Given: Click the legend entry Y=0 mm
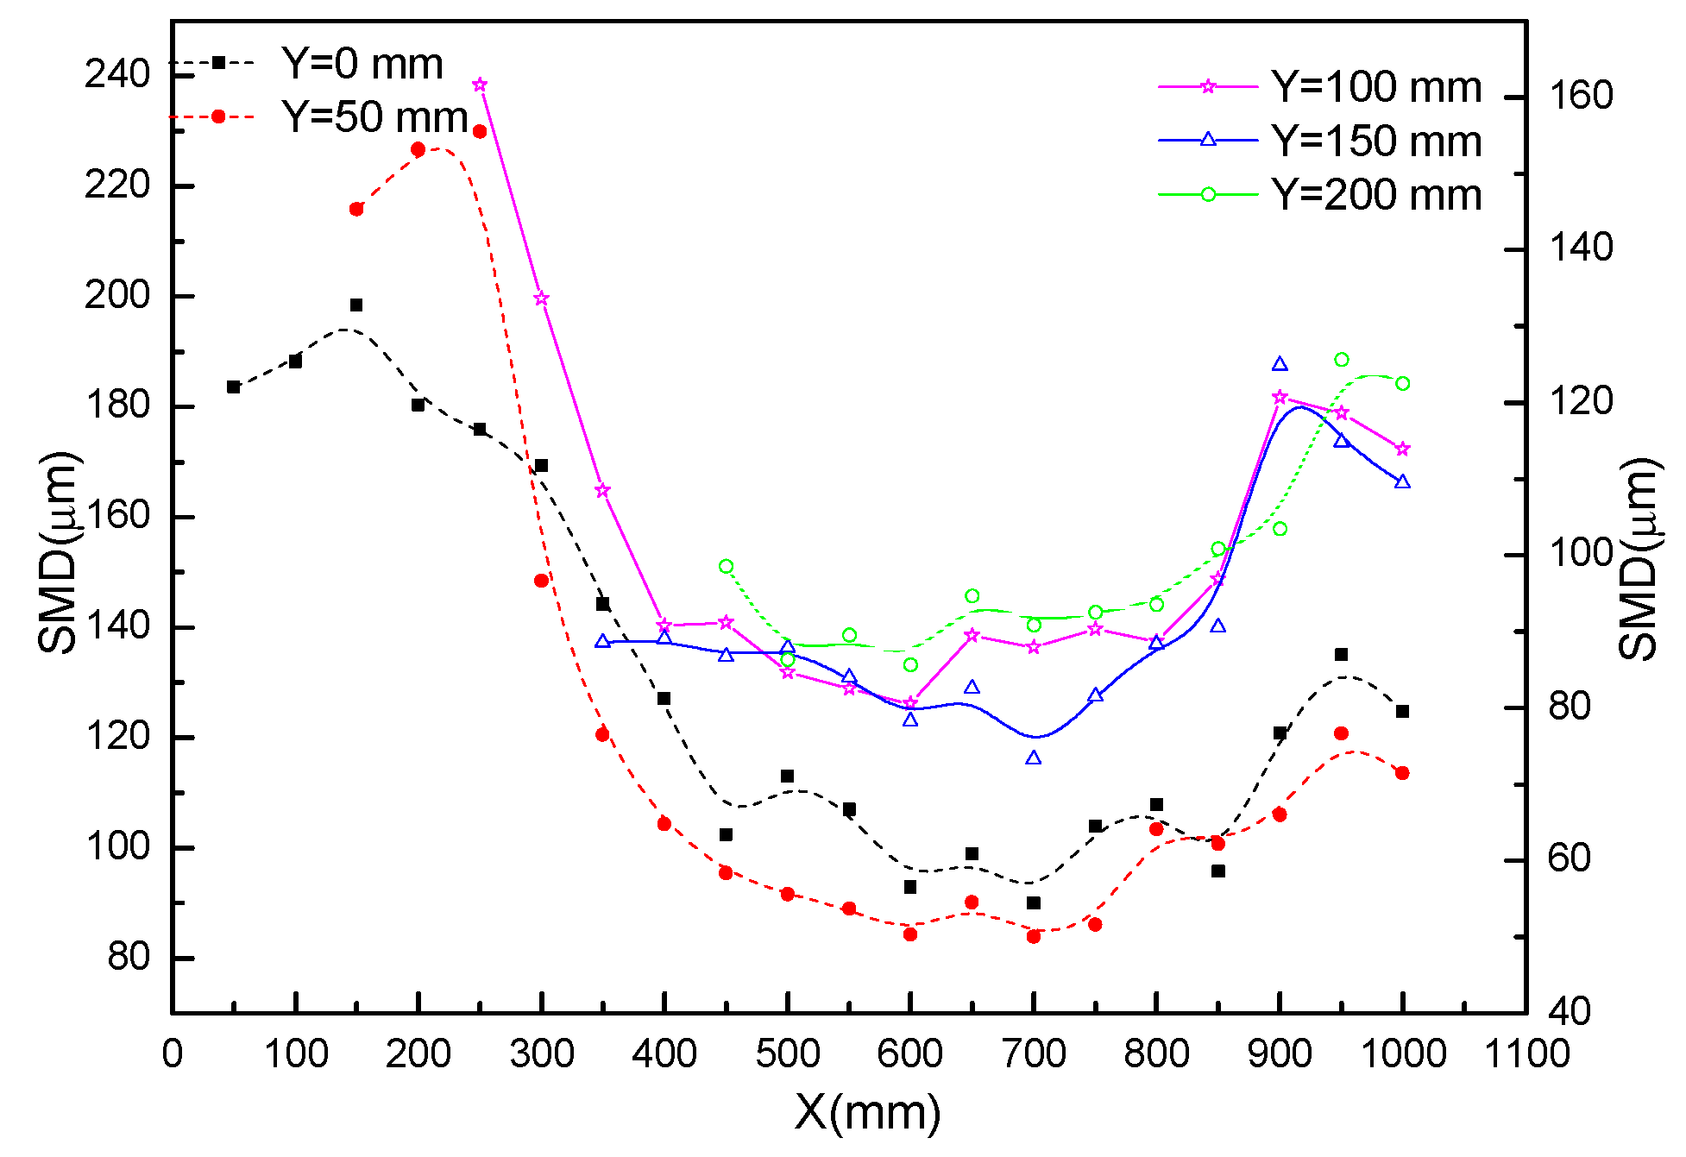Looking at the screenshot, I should (362, 64).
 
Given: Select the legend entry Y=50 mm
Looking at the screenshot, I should (374, 116).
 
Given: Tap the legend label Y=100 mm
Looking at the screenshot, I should (1376, 87).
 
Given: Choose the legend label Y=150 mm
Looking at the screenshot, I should (1376, 141).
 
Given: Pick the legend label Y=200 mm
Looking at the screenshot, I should (1376, 195).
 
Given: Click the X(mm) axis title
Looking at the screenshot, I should (867, 1113).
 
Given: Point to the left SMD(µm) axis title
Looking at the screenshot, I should (59, 552).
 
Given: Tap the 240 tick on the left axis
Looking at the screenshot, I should (116, 76).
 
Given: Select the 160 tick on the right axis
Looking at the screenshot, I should (1581, 96).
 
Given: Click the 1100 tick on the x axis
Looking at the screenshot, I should (1526, 1054).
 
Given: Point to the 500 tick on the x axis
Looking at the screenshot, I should (787, 1054).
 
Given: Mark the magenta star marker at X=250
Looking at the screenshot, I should (480, 85).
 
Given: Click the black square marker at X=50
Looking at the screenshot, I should (234, 387).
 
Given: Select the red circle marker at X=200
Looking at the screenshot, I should (418, 149).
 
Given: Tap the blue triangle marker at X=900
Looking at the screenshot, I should (1280, 364).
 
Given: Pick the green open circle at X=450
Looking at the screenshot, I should (726, 566).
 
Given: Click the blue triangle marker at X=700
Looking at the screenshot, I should (1033, 758).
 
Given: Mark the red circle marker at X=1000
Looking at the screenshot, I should (1402, 773).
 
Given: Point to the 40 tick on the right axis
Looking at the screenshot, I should (1570, 1012).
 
